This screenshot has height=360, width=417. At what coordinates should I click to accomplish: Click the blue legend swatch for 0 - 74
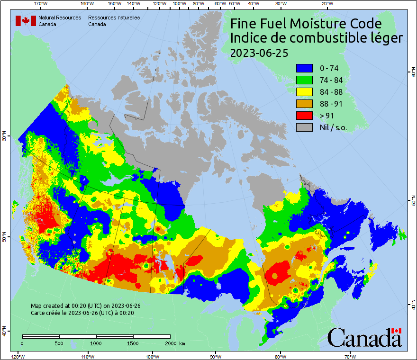304,68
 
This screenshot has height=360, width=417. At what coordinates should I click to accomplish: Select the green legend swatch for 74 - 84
304,80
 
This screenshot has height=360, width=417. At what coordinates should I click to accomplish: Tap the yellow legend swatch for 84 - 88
304,92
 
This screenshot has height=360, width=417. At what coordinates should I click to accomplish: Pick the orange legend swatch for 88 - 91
304,104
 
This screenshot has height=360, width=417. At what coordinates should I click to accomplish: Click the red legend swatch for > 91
304,116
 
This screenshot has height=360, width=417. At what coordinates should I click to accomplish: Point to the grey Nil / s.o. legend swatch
304,127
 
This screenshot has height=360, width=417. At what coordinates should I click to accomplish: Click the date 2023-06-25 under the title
259,53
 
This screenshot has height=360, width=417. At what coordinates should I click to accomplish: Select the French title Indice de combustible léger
317,38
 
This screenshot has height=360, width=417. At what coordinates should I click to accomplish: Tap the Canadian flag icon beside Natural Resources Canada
26,21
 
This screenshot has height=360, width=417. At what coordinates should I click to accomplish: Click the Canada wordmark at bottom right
364,338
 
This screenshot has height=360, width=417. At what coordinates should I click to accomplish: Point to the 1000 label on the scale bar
96,343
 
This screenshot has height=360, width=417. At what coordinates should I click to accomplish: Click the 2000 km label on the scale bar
175,343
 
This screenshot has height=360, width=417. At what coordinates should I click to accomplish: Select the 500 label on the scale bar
59,343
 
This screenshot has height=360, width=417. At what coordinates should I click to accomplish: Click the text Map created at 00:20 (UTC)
86,306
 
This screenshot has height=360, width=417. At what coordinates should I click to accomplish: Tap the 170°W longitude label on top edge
42,4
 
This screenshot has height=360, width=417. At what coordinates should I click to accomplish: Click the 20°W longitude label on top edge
326,4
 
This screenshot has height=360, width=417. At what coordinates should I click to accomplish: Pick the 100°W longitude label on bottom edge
153,356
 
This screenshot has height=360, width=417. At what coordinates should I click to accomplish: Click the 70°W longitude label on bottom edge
350,356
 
